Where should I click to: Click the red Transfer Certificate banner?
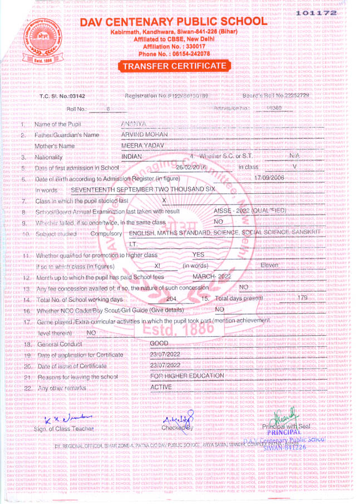[x=175, y=66]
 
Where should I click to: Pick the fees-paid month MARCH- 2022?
[x=211, y=277]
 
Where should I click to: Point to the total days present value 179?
[x=302, y=298]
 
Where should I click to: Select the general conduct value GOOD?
[x=159, y=344]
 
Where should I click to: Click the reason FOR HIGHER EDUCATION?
[x=187, y=376]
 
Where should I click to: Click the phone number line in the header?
[x=174, y=53]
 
